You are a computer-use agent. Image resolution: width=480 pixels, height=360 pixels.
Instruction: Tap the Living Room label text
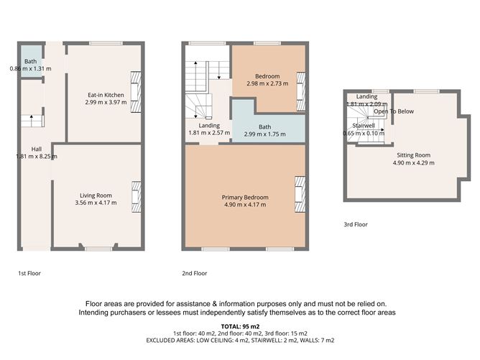pos(95,195)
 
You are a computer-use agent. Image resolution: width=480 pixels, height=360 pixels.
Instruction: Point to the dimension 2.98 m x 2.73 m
pos(262,83)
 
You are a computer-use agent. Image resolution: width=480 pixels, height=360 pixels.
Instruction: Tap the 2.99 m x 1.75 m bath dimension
pos(266,134)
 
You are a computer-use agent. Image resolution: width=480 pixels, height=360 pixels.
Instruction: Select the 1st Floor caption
pos(29,274)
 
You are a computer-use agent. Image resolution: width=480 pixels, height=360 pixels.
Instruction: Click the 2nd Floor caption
pos(195,274)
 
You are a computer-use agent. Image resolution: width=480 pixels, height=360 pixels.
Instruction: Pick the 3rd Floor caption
pos(356,225)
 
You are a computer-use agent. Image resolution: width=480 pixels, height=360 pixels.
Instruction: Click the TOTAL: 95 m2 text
pos(240,326)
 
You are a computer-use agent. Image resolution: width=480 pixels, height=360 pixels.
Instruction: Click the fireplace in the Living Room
pos(134,194)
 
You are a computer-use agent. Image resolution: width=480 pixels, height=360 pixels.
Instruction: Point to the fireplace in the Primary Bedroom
pos(299,195)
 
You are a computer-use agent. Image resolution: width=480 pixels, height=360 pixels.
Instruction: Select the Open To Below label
pos(392,111)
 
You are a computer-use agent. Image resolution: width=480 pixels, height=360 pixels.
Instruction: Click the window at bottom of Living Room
pos(98,249)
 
